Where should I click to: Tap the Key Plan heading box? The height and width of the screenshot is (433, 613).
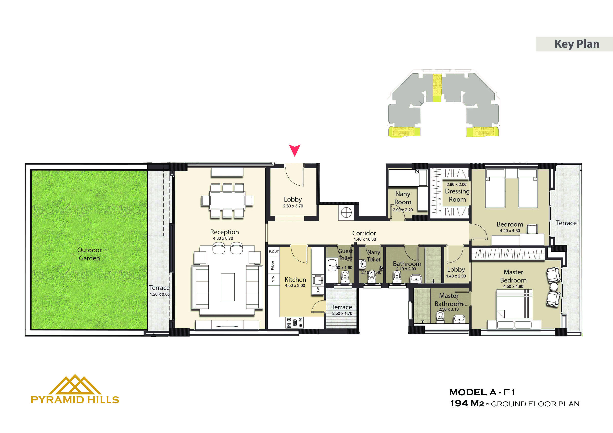574,44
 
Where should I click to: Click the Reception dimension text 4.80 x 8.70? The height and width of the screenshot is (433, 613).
223,238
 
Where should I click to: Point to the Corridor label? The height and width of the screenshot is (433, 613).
364,233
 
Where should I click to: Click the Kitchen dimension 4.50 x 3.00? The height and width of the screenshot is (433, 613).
295,286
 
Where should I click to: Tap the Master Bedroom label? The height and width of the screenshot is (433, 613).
513,276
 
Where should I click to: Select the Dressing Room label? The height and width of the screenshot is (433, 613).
457,195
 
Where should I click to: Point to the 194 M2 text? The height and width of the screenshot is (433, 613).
467,404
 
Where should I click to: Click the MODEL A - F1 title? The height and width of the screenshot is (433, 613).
482,392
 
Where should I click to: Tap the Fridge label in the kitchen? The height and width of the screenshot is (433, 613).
273,265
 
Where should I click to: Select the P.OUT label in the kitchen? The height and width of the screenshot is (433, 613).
274,252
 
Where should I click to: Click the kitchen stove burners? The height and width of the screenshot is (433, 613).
294,322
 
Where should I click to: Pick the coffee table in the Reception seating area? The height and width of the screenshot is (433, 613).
228,287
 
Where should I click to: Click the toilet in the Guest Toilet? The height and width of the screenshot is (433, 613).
345,276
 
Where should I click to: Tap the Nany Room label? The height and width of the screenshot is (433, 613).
403,198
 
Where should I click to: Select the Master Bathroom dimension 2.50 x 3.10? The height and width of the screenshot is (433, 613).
448,309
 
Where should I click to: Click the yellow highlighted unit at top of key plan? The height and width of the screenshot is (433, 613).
437,88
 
